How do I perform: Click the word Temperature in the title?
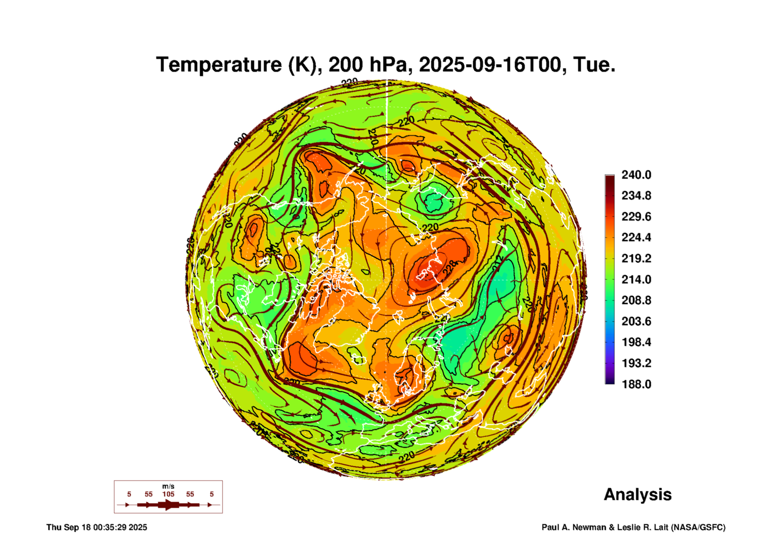point(219,65)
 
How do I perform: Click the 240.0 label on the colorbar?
point(636,175)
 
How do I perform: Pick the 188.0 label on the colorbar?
point(636,384)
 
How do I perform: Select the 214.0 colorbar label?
point(636,280)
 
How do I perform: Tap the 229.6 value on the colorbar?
point(636,217)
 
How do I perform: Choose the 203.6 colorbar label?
point(636,321)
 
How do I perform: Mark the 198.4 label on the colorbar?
point(636,342)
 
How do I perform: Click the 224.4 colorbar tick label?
point(636,237)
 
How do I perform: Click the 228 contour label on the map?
point(450,267)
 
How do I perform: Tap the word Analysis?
point(637,494)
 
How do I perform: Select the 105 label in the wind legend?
point(168,494)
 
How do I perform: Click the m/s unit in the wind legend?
point(168,486)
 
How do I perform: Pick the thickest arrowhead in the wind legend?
point(169,505)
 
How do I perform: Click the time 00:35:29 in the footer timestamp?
point(110,527)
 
